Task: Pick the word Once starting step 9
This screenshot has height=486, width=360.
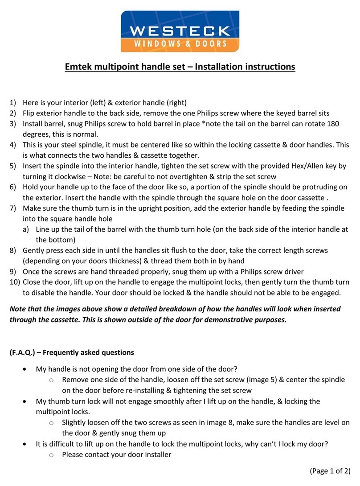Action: pyautogui.click(x=31, y=271)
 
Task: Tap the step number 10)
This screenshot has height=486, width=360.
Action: pyautogui.click(x=15, y=282)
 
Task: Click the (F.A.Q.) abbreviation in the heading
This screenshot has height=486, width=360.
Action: pyautogui.click(x=25, y=352)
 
